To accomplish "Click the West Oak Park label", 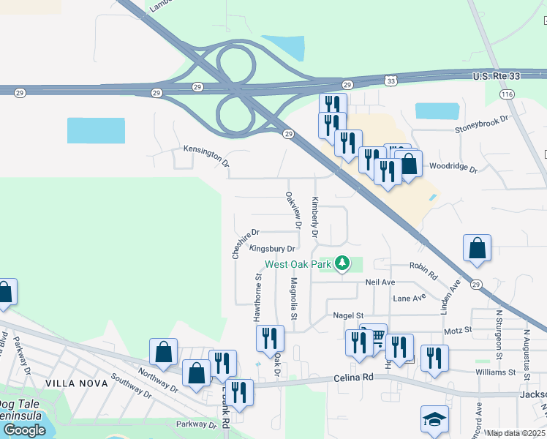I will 299,264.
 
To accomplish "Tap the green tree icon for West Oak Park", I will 342,263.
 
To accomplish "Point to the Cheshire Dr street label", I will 245,244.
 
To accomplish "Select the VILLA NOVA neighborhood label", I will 72,383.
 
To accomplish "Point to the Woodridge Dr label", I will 453,168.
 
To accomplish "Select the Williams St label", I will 494,372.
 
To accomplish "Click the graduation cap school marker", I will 434,420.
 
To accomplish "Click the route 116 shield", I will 506,94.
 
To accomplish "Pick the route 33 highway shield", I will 391,80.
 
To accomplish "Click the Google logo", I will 23,430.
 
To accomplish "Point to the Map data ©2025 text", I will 516,433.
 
